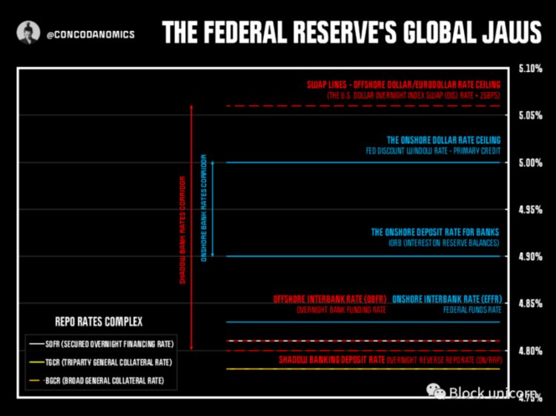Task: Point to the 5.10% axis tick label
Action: click(530, 68)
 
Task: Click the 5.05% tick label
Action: click(530, 115)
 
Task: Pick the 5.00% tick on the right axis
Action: click(530, 162)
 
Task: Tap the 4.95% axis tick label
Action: click(530, 210)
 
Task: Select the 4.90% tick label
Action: click(530, 257)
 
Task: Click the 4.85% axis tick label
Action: click(530, 303)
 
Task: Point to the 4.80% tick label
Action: click(530, 350)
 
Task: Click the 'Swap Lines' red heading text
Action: click(404, 85)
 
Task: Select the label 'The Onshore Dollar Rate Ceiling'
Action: click(443, 139)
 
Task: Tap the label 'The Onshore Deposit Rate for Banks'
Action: click(435, 232)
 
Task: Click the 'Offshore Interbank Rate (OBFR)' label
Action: click(330, 299)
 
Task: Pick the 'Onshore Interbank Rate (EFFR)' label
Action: click(446, 299)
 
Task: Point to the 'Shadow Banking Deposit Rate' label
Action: click(331, 360)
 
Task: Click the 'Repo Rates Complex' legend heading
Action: click(99, 322)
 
